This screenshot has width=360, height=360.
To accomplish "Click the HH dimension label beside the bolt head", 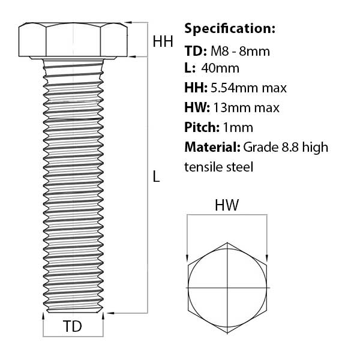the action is [x=163, y=41].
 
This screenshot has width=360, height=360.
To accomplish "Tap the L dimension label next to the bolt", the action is [x=156, y=176].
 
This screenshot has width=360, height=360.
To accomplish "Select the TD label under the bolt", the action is [x=73, y=326].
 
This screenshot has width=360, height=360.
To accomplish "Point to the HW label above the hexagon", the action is [x=227, y=205].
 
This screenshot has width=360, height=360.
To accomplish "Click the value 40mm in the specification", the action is [x=220, y=68].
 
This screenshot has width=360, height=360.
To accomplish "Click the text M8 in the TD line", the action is [x=220, y=51].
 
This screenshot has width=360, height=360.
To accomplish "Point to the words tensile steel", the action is [x=219, y=167].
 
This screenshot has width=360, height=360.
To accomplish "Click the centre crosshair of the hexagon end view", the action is [x=227, y=287].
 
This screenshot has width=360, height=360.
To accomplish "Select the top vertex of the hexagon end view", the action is [x=227, y=242].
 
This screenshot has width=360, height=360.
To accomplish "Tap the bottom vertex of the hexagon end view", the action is [x=227, y=333].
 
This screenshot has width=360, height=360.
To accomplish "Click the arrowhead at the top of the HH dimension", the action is [x=128, y=23].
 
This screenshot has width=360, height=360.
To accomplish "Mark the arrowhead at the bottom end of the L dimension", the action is [x=110, y=313].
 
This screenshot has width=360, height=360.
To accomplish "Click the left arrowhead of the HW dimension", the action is [x=187, y=258].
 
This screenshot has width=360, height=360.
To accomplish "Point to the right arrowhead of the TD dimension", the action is [x=103, y=316].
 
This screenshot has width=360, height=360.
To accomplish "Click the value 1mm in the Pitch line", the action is [x=238, y=128].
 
